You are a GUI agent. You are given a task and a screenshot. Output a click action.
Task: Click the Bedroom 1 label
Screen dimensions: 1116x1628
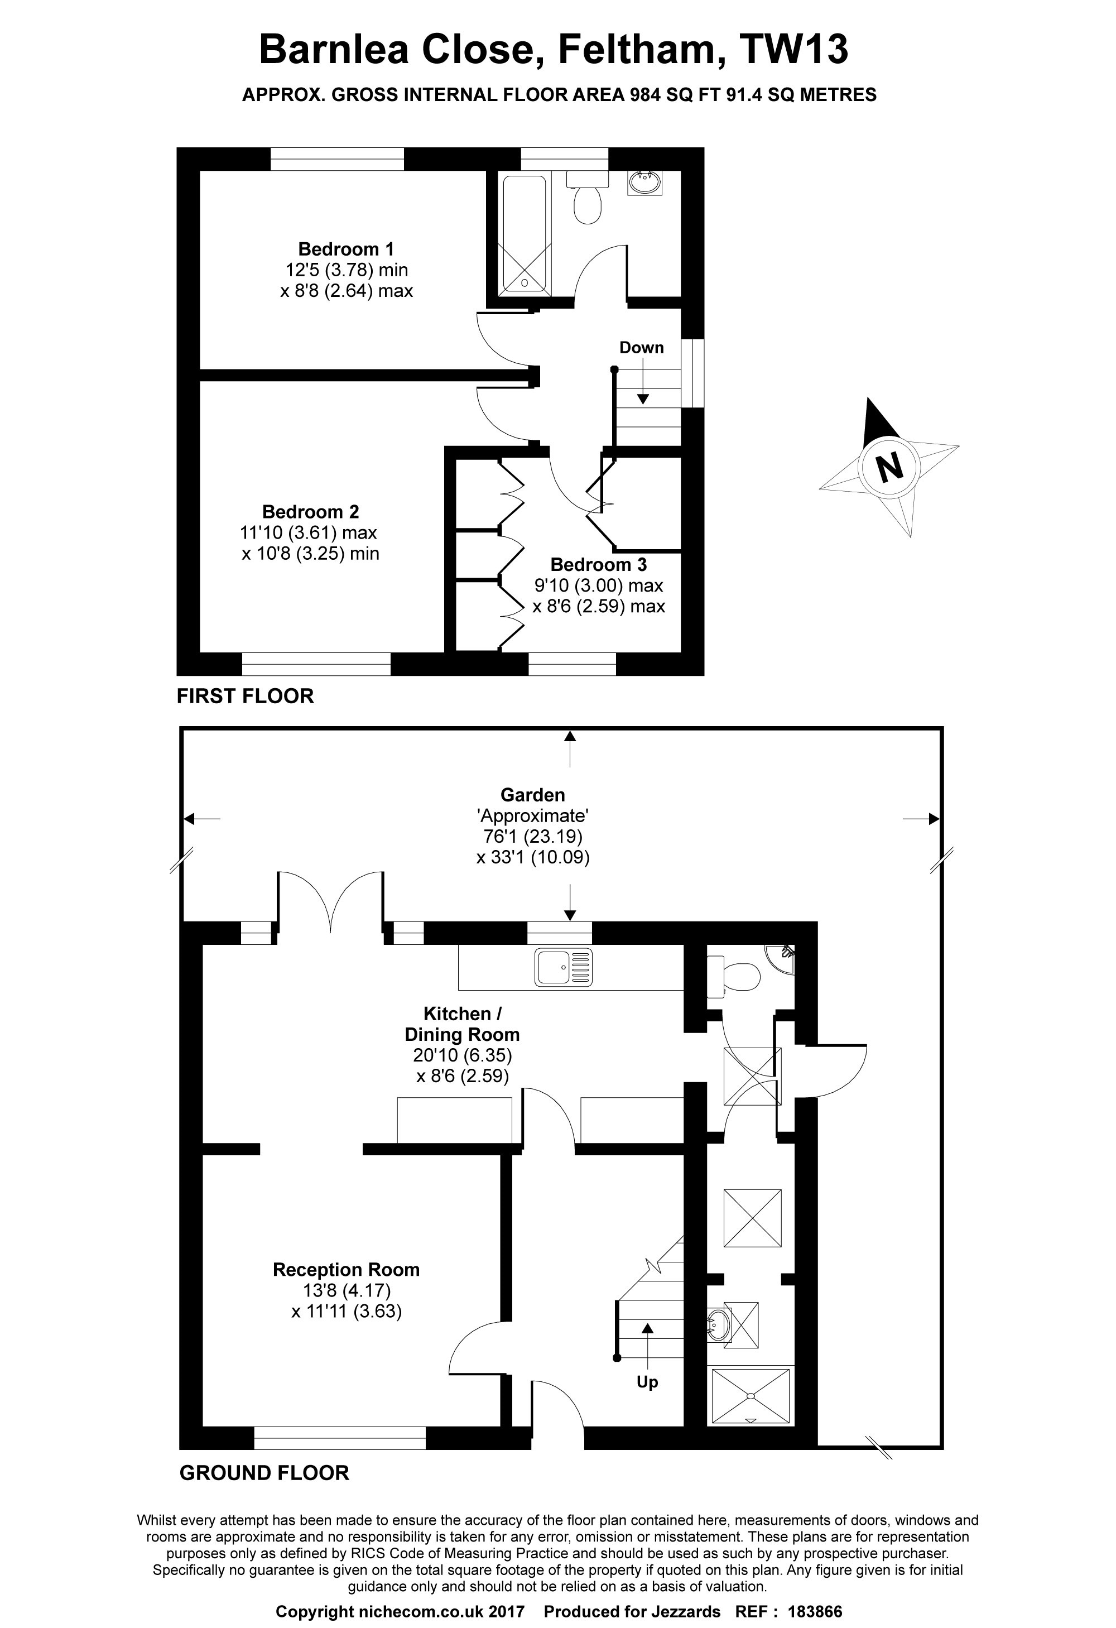pos(346,249)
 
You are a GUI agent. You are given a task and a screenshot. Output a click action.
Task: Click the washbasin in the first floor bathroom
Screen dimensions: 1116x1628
pos(644,183)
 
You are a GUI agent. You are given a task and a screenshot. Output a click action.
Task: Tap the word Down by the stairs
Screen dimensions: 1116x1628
pos(641,348)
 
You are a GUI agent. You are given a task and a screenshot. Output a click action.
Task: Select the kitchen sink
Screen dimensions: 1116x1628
pos(563,967)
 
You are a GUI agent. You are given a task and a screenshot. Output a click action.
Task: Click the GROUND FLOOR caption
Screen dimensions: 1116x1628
pos(264,1473)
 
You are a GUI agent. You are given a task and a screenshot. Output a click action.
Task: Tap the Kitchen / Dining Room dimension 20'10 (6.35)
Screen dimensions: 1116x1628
pos(463,1055)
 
